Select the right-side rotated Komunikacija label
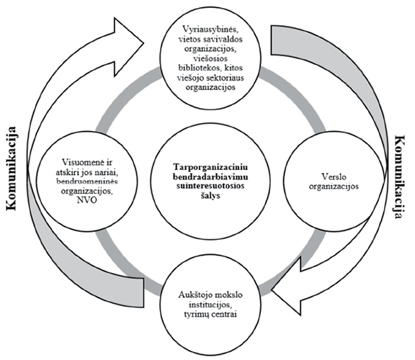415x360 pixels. (x=400, y=180)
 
